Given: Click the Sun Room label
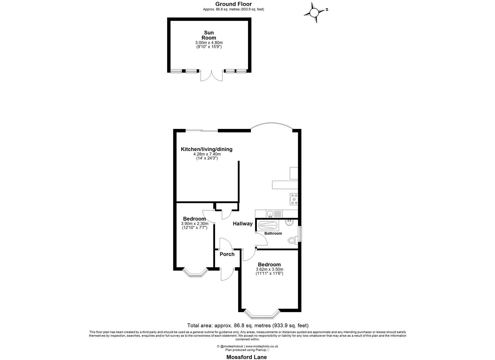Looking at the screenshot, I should click(209, 35).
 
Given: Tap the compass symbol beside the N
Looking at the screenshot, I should click(314, 13).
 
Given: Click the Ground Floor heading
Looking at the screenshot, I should click(233, 4).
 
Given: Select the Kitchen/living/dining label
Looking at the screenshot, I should click(206, 149).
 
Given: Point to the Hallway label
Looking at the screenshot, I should click(242, 224).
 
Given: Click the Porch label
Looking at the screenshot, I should click(227, 254).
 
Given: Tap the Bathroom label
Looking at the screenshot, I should click(273, 233).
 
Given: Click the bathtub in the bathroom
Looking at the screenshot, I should click(268, 226).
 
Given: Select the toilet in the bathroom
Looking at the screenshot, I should click(293, 239).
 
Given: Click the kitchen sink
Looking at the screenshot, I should click(270, 214).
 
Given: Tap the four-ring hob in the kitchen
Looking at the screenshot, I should click(294, 199).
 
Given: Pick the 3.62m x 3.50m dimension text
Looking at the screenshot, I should click(269, 269).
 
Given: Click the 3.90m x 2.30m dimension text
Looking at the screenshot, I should click(194, 224).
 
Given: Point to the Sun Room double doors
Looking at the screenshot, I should click(211, 76).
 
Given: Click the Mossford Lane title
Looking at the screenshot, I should click(247, 357).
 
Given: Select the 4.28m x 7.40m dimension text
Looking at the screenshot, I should click(207, 154).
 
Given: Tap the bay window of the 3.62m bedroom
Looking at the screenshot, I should click(261, 314).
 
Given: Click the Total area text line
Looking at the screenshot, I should click(248, 325).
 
